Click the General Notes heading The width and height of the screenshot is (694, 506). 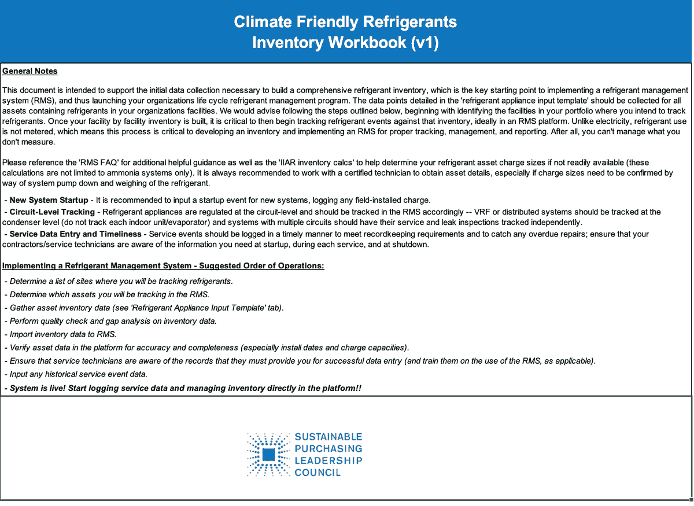pyautogui.click(x=30, y=71)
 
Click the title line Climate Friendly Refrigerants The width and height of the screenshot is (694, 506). pyautogui.click(x=345, y=22)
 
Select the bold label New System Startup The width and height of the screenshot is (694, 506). pyautogui.click(x=49, y=200)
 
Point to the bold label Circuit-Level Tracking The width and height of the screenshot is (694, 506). pyautogui.click(x=54, y=212)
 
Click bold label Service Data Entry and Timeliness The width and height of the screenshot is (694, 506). pyautogui.click(x=75, y=234)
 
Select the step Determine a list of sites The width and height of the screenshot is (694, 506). pyautogui.click(x=121, y=281)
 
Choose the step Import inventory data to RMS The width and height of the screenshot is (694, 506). pyautogui.click(x=63, y=334)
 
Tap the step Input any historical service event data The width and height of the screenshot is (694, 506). pyautogui.click(x=78, y=374)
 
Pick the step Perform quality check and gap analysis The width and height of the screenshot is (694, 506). pyautogui.click(x=113, y=321)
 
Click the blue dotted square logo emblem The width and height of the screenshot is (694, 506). pyautogui.click(x=268, y=455)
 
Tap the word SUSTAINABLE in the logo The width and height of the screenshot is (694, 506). pyautogui.click(x=328, y=437)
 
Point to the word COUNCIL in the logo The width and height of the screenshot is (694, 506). pyautogui.click(x=318, y=472)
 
